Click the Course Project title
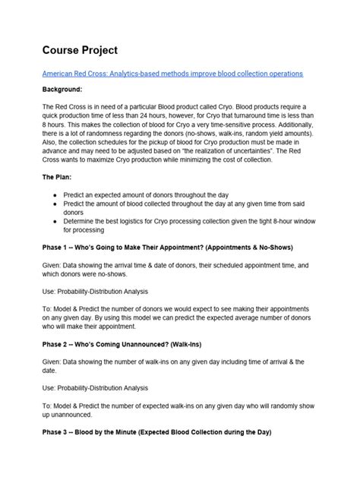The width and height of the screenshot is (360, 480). point(80,50)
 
